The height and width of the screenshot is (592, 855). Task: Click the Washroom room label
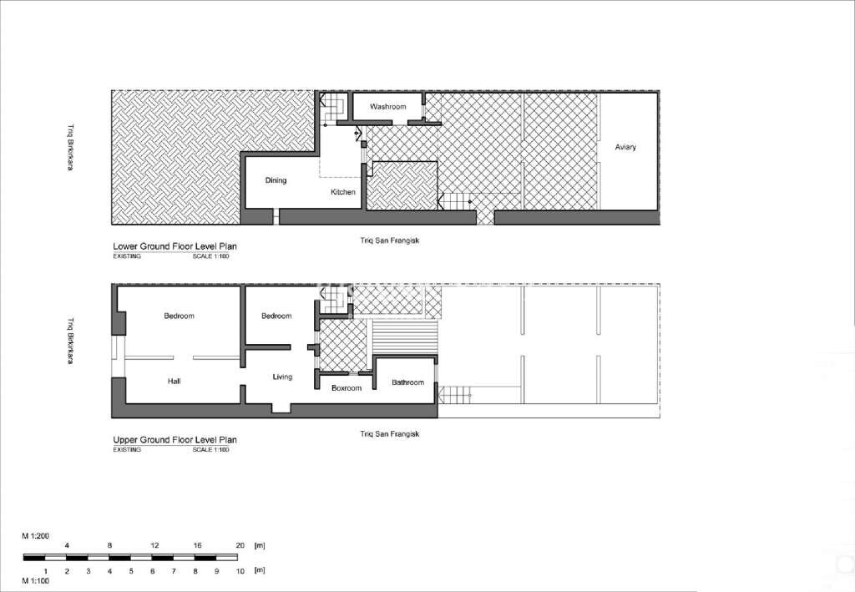387,107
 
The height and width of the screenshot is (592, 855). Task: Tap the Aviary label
625,148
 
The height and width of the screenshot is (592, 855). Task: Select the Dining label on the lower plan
276,180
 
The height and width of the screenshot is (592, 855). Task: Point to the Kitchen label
342,192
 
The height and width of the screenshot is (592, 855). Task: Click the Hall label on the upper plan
174,382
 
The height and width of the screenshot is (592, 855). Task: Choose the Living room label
282,377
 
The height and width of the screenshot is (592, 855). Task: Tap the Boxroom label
346,388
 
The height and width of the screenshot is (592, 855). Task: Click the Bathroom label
408,382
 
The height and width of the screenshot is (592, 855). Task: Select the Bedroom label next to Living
276,316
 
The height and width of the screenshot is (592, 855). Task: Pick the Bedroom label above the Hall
179,316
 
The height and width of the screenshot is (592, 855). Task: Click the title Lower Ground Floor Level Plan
175,247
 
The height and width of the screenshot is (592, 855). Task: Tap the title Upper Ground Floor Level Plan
175,440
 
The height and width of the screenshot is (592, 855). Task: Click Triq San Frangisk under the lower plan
388,240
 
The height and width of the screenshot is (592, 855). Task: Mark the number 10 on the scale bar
239,571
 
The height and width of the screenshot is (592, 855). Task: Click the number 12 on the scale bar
154,545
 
